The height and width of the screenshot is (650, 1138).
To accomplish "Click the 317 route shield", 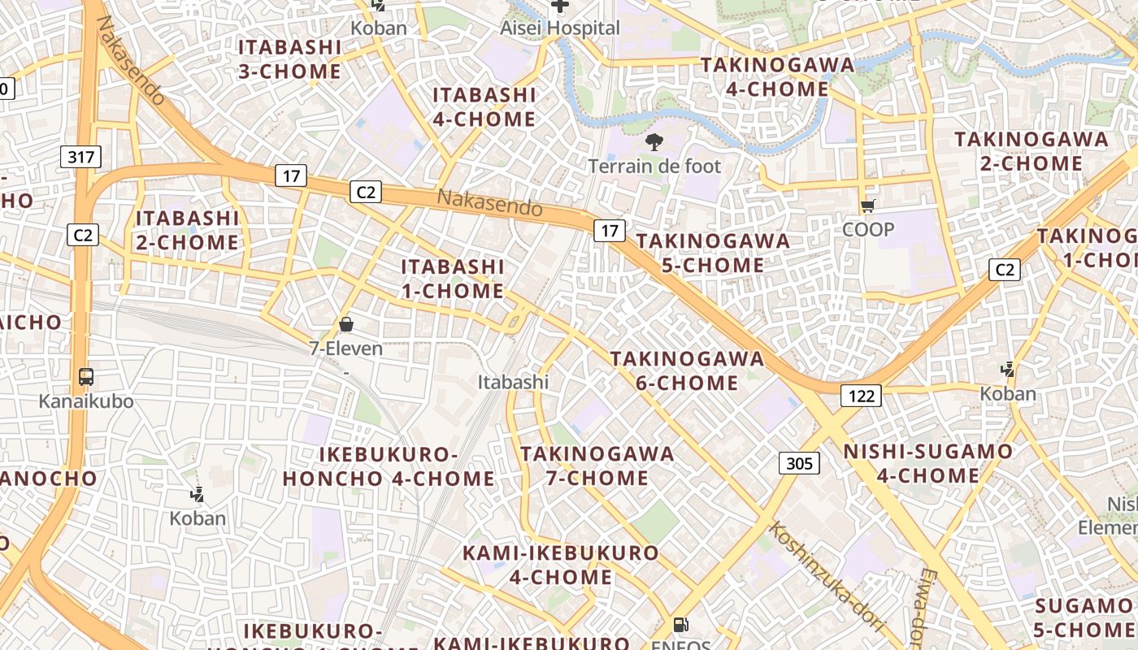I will point(81,157).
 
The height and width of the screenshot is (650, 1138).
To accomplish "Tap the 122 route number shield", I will point(861,396).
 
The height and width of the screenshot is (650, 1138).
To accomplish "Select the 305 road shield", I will point(800,463).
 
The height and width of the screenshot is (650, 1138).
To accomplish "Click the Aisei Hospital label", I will point(560,28).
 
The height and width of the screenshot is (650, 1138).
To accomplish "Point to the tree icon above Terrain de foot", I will point(654,143).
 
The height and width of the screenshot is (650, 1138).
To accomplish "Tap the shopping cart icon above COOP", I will point(867,206).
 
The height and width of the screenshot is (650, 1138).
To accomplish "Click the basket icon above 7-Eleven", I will point(346,325).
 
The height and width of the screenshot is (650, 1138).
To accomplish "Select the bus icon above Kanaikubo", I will point(86,377).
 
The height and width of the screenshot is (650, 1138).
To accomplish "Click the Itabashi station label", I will point(513,382).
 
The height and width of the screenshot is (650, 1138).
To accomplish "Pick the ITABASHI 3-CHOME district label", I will point(289,59).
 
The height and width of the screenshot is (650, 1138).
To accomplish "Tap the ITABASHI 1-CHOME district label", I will point(453,279).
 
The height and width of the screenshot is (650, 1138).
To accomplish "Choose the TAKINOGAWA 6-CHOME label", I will point(687,370).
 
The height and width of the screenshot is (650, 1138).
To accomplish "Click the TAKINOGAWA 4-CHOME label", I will point(777,76).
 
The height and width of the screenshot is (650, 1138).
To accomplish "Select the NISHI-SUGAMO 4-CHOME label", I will point(927,463).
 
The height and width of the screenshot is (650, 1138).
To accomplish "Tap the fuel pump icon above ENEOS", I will point(681,625).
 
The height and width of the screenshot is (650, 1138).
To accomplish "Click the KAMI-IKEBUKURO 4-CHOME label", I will point(561,565).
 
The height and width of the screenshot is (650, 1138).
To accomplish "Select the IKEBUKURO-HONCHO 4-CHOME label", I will point(389,466).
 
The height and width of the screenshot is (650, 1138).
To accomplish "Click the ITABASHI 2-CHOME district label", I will point(187,230).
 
